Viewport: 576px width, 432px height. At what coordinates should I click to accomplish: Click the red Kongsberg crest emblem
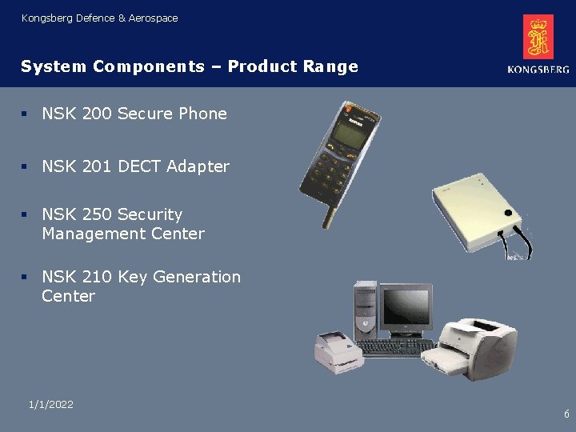538,37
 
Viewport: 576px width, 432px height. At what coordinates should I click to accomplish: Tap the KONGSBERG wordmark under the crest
538,70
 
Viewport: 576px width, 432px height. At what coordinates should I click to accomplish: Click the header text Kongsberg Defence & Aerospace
100,18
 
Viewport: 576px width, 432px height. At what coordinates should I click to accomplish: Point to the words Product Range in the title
293,66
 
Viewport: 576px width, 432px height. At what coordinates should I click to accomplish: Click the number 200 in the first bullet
97,114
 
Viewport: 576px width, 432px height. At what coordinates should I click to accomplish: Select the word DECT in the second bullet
139,166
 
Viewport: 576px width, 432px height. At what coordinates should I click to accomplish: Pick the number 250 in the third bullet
97,214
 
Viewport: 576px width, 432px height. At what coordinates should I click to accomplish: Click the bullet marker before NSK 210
26,277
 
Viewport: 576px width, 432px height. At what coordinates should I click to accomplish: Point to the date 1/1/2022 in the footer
50,405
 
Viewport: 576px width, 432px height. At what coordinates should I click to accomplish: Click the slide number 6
566,414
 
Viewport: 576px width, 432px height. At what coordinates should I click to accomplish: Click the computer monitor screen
405,308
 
